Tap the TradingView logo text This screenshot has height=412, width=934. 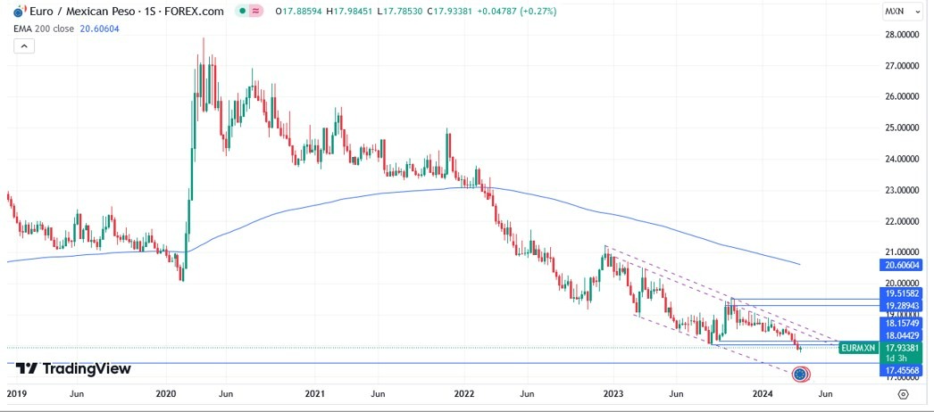coord(74,368)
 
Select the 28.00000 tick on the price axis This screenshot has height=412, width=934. coord(903,35)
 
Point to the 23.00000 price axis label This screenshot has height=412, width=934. coord(903,190)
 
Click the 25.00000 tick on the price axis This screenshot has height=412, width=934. coord(903,128)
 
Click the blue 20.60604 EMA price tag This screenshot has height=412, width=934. coord(902,265)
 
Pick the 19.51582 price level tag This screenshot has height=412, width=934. coord(902,293)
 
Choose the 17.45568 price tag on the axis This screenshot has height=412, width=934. coord(902,370)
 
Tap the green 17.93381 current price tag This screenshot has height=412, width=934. coord(902,348)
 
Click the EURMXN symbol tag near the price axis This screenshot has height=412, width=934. coord(860,348)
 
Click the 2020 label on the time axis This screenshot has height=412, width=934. coord(164,392)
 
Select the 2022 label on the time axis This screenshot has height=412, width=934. coord(463,392)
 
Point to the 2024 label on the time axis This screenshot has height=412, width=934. coord(763,392)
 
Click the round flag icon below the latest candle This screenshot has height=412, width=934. coord(800,375)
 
